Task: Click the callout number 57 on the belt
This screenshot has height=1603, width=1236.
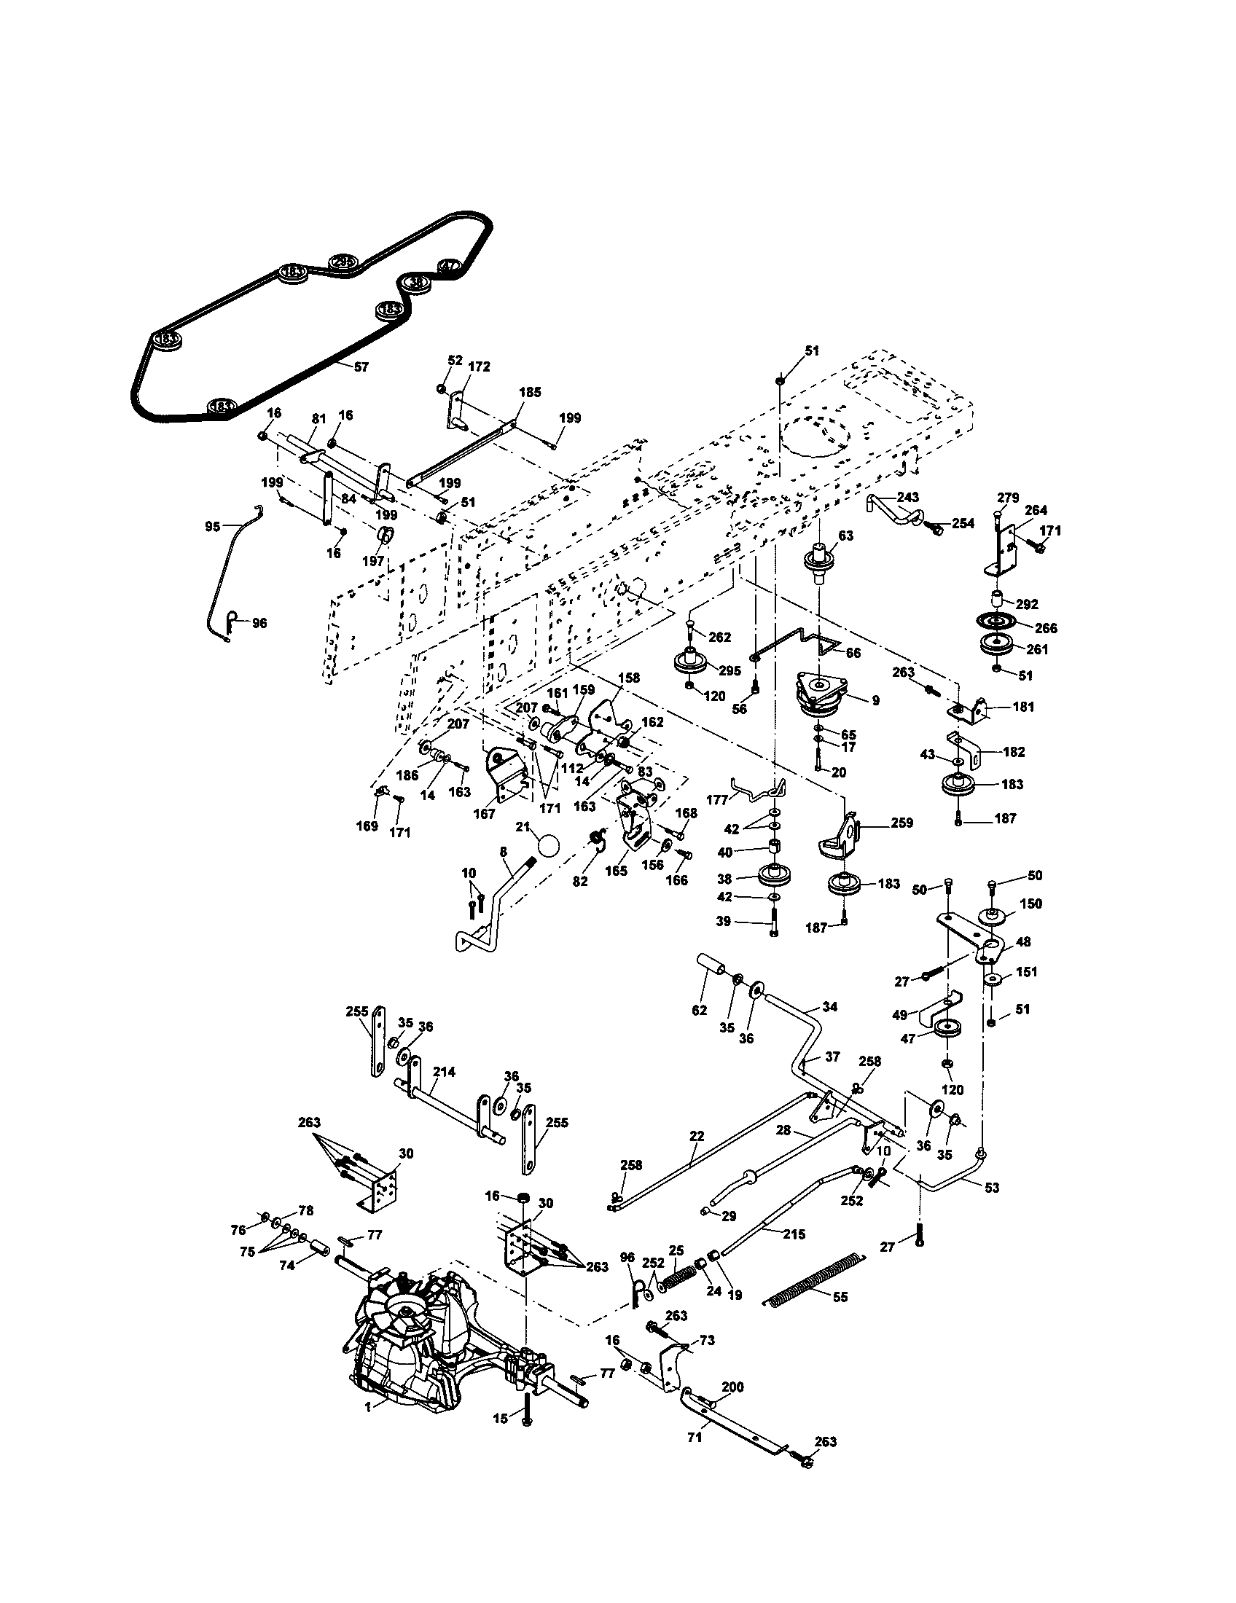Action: (x=361, y=367)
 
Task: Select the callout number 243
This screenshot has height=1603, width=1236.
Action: (x=908, y=497)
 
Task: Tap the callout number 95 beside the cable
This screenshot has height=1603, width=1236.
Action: (x=212, y=526)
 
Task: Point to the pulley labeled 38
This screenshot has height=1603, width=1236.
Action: (x=776, y=875)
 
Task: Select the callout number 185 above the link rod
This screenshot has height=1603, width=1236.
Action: (x=529, y=393)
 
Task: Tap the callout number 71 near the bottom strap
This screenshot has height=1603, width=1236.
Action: (x=695, y=1437)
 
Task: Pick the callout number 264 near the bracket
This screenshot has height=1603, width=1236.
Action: (x=1036, y=510)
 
